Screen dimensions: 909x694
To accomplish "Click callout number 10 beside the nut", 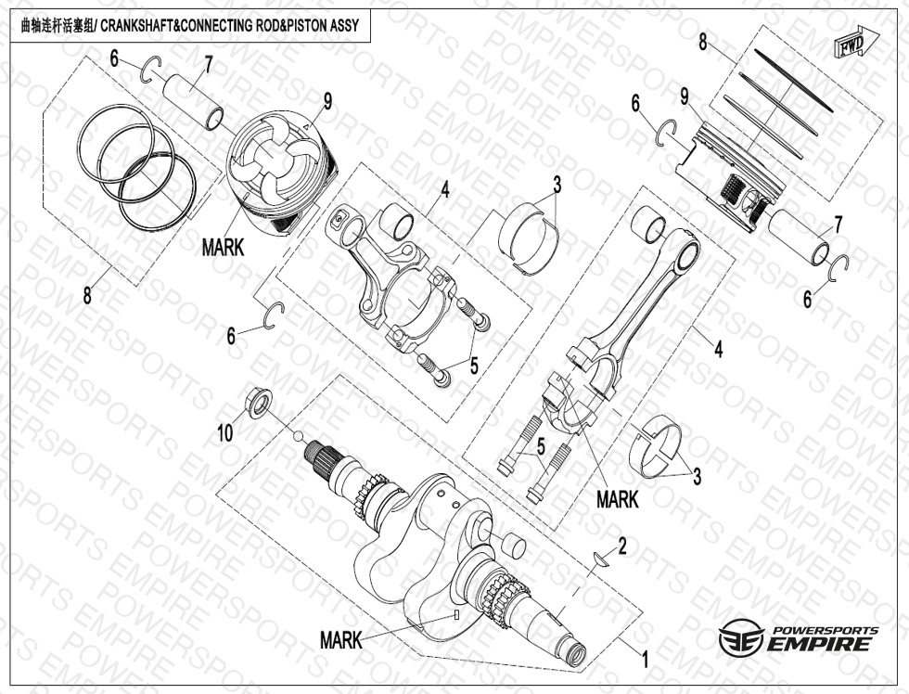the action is [225, 432].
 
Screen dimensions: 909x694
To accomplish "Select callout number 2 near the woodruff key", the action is [622, 546].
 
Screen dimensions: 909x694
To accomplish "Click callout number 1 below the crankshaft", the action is [645, 660].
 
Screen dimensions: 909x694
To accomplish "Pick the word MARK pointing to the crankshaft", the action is [341, 641].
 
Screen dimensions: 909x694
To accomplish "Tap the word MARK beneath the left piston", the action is [223, 248].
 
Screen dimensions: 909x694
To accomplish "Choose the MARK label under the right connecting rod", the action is [618, 499].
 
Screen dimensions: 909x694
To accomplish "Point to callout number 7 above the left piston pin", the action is [207, 67].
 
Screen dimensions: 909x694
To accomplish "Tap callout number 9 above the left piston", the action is [328, 102].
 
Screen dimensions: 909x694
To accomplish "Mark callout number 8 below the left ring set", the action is [87, 296].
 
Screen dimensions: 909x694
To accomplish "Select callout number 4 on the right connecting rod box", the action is [719, 349].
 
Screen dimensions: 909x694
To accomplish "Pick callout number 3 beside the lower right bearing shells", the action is [697, 477].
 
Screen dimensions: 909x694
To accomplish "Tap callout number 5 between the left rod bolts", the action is [474, 366].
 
